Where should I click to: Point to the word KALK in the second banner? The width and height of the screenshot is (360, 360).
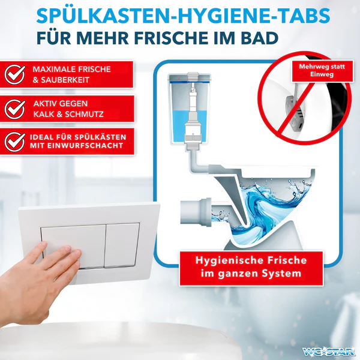(x=47, y=113)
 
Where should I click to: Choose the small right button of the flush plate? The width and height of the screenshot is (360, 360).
(x=122, y=245)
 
